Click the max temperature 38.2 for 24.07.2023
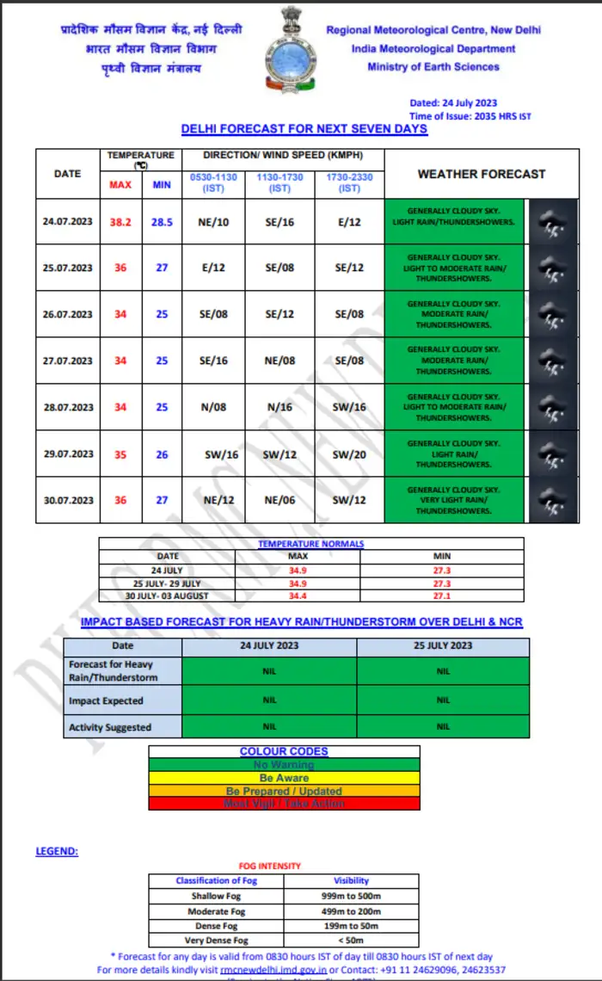[x=120, y=222]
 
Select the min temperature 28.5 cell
[x=162, y=222]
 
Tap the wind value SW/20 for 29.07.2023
[x=349, y=454]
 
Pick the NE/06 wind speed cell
[x=280, y=500]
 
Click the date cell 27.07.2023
[x=68, y=361]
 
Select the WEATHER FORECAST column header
[x=481, y=174]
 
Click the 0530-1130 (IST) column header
[x=213, y=182]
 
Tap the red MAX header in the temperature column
[x=120, y=185]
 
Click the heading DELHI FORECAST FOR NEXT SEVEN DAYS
[x=304, y=129]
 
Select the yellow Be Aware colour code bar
[x=284, y=778]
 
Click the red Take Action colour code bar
[x=284, y=804]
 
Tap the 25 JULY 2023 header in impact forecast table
[x=442, y=645]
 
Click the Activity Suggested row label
[x=110, y=727]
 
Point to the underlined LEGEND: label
[x=57, y=851]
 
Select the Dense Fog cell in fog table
[x=215, y=926]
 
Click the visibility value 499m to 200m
[x=351, y=910]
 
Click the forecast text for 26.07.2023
[x=453, y=314]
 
